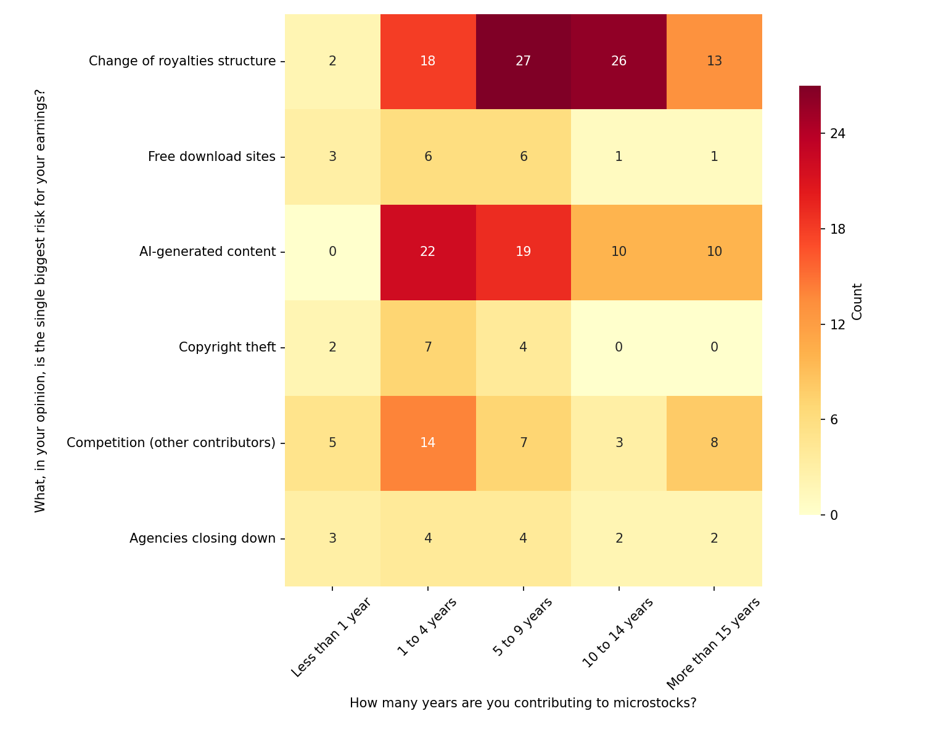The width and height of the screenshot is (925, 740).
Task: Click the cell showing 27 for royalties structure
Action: (x=523, y=61)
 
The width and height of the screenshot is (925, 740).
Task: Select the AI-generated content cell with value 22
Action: (x=427, y=252)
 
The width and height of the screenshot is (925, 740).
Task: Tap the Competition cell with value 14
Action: (x=427, y=443)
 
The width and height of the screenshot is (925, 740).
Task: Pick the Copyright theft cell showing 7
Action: (x=427, y=347)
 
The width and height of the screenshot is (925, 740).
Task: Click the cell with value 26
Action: (x=619, y=61)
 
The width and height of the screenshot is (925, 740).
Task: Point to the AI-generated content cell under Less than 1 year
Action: (x=332, y=252)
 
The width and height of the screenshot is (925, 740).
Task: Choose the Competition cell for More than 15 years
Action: (x=714, y=443)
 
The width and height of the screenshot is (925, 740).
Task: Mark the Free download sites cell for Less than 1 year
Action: (x=332, y=157)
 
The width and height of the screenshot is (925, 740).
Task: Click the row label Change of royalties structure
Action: (x=182, y=61)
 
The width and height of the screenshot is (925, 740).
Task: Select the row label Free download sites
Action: (x=212, y=157)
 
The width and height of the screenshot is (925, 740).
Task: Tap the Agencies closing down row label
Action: (x=202, y=538)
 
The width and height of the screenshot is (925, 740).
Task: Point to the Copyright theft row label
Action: (x=227, y=347)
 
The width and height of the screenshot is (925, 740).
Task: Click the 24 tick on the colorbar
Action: (x=837, y=134)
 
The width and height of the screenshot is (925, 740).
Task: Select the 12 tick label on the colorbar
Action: (x=837, y=324)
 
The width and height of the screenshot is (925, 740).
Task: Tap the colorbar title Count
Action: (x=857, y=302)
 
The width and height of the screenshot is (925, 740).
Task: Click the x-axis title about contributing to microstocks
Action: (x=523, y=703)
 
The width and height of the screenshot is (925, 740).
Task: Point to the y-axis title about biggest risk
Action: (x=41, y=300)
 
